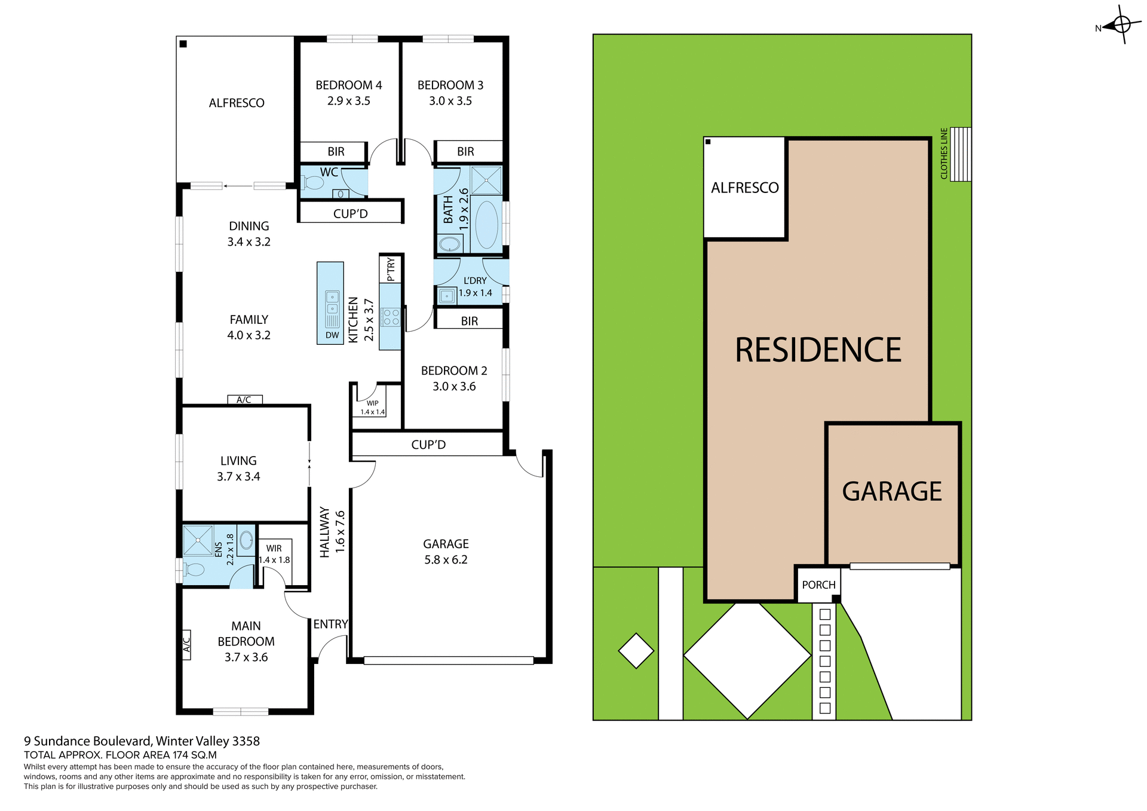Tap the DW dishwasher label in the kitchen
[332, 335]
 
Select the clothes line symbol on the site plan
[961, 154]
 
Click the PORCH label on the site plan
[818, 584]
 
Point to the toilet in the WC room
[312, 182]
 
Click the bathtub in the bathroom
[486, 225]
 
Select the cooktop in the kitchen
[391, 317]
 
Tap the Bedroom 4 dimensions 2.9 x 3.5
[348, 101]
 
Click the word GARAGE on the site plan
[891, 491]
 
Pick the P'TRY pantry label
[391, 270]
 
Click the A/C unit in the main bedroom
[186, 644]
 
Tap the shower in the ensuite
[197, 540]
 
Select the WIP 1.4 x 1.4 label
[372, 408]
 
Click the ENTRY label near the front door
[330, 624]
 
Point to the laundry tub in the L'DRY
[446, 295]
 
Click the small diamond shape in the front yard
[636, 651]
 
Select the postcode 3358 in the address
[246, 741]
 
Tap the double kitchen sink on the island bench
[332, 302]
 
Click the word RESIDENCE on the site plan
[817, 350]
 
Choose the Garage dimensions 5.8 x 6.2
[446, 560]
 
